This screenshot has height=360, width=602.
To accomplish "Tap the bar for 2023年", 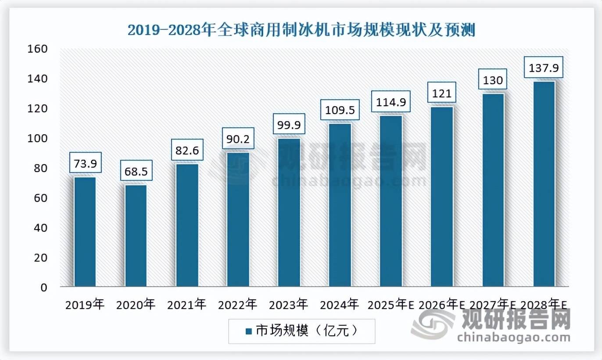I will (289, 212).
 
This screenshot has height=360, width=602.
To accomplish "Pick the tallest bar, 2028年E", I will (544, 184).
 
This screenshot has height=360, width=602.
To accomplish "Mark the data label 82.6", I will (187, 151).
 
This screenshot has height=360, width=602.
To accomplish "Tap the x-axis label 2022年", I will (238, 304).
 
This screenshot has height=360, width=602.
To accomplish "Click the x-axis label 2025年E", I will (391, 304).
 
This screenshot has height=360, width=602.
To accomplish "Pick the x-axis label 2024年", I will (340, 304).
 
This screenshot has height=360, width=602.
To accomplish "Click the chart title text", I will (301, 31).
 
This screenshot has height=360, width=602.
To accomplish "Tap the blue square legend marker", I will (248, 331).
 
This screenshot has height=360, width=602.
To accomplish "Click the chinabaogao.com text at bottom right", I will (513, 338).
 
